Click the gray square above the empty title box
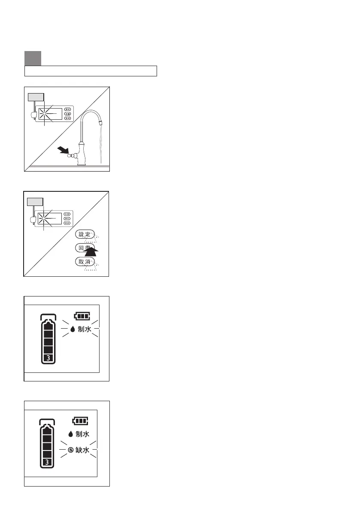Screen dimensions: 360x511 coord(33,58)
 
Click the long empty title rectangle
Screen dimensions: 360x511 coord(91,71)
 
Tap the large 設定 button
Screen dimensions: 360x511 coord(84,234)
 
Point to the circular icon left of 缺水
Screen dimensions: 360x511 coord(70,451)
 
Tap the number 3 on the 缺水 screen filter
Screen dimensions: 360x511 coord(47,462)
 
